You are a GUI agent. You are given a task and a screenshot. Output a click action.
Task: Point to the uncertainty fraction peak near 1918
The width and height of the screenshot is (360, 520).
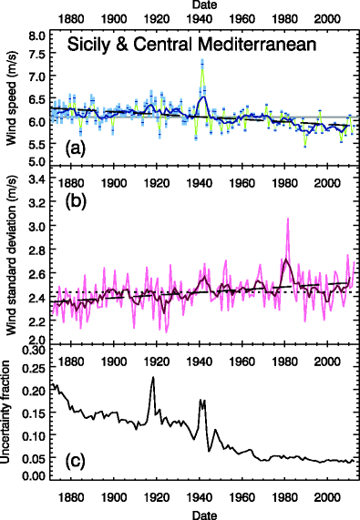click(153, 377)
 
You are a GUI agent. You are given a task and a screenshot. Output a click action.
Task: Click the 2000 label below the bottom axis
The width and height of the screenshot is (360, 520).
click(326, 500)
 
